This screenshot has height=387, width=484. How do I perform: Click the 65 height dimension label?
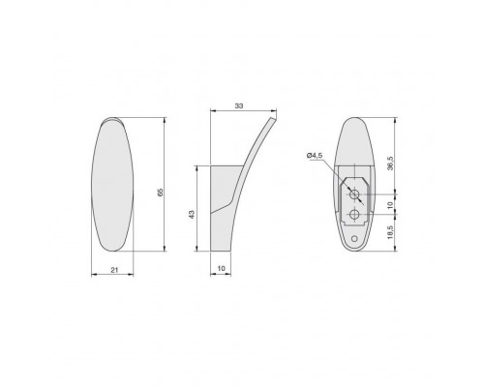click(161, 193)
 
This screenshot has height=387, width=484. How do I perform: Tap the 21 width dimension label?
click(114, 270)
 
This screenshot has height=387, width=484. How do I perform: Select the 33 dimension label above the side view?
click(239, 105)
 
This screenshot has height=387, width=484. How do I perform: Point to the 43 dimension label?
click(192, 215)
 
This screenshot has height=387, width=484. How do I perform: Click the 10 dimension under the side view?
click(222, 268)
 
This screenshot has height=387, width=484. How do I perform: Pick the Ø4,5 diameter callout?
click(315, 156)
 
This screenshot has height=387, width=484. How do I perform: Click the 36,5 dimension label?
click(390, 164)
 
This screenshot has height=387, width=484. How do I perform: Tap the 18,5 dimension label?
click(390, 232)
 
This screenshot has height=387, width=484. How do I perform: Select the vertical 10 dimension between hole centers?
click(390, 205)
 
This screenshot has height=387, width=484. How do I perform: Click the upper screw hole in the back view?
click(355, 194)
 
